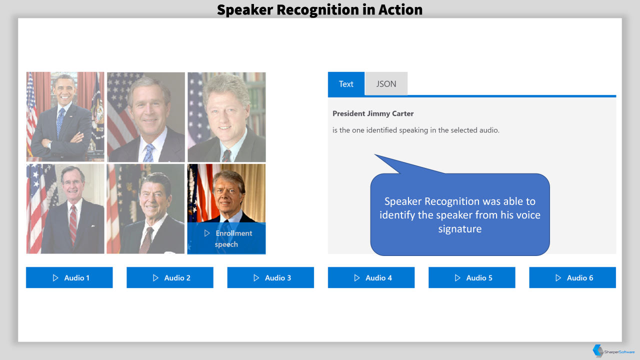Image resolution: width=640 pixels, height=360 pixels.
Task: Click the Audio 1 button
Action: coord(69,277)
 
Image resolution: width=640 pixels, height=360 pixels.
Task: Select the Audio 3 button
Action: coord(270,277)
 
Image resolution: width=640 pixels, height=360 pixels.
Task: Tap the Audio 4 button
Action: coord(371,277)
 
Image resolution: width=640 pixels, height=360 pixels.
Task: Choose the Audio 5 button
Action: coord(471,277)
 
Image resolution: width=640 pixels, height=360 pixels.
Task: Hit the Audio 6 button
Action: coord(572,277)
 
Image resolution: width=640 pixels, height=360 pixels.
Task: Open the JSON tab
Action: coord(386,83)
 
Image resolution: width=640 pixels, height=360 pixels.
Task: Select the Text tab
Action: coord(346,83)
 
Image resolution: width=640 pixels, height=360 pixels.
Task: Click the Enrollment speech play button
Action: coord(226,238)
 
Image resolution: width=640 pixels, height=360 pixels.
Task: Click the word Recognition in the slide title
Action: coord(317,9)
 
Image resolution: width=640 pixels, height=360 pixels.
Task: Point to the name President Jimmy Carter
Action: coord(373,113)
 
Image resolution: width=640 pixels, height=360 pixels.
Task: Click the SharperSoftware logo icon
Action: coord(597,350)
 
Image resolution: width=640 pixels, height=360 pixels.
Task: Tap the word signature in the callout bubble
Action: coord(459,229)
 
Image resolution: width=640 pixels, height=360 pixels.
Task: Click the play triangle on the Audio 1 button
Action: coord(55,277)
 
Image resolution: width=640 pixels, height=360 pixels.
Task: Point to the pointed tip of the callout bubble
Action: coord(374,154)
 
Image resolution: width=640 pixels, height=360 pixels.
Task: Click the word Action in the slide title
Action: coord(400,9)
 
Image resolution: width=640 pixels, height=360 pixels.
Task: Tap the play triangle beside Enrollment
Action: coord(207,233)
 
